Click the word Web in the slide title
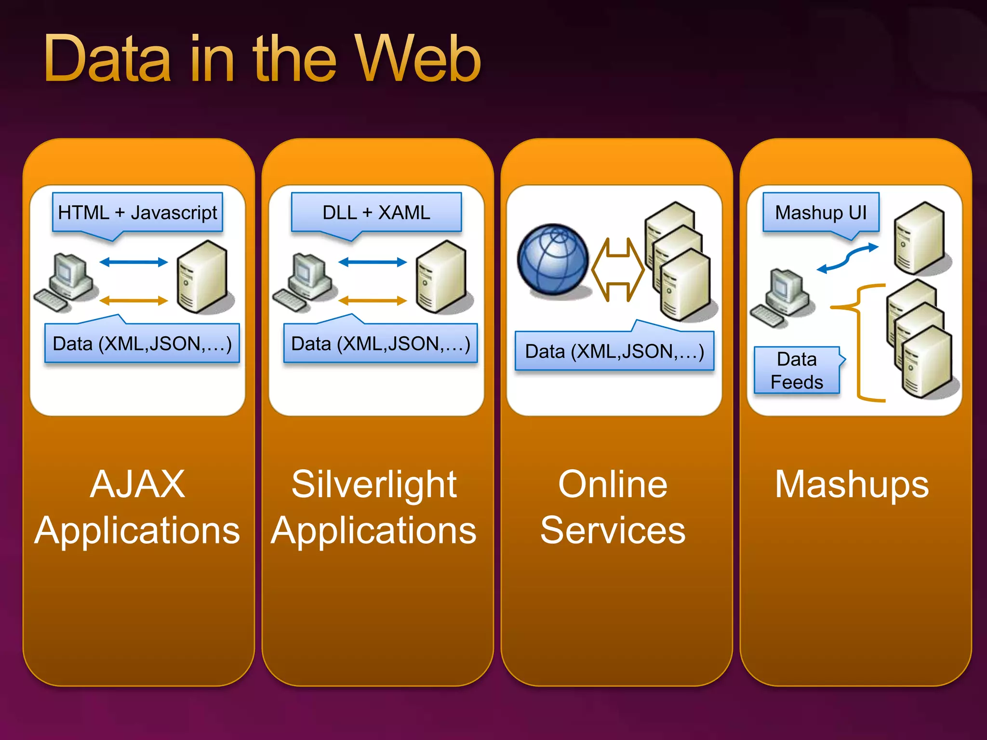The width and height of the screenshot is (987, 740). pyautogui.click(x=417, y=60)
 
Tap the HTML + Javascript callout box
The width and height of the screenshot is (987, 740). pyautogui.click(x=137, y=212)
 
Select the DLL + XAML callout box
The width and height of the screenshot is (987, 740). pyautogui.click(x=376, y=212)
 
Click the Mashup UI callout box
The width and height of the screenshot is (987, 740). pyautogui.click(x=821, y=212)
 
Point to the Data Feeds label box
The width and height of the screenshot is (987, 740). pyautogui.click(x=797, y=370)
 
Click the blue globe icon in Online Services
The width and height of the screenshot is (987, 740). pyautogui.click(x=553, y=260)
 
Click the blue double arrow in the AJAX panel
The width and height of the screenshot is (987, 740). pyautogui.click(x=133, y=262)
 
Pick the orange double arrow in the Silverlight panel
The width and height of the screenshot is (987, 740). pyautogui.click(x=373, y=301)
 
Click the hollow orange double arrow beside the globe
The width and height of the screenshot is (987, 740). pyautogui.click(x=618, y=269)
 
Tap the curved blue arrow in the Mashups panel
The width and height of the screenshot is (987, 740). pyautogui.click(x=848, y=258)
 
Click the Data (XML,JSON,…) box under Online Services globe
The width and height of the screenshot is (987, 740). pyautogui.click(x=614, y=351)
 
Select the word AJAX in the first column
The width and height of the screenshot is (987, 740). pyautogui.click(x=137, y=484)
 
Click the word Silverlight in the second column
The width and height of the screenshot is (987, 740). pyautogui.click(x=374, y=484)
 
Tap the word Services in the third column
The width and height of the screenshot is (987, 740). pyautogui.click(x=613, y=530)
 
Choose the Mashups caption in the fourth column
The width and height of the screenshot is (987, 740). pyautogui.click(x=852, y=484)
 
